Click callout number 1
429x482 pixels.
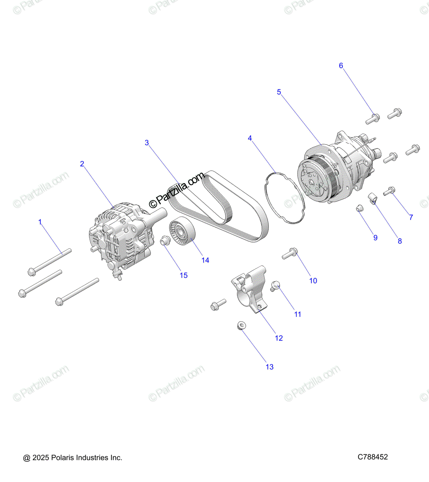(x=40, y=222)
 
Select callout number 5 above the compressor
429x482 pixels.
(x=279, y=92)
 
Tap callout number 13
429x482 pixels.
(x=270, y=367)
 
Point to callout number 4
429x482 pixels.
(x=250, y=138)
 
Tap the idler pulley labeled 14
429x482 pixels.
(x=183, y=232)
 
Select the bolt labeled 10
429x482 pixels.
(x=289, y=254)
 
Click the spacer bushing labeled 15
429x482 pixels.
(x=164, y=241)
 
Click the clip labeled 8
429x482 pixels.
(x=373, y=198)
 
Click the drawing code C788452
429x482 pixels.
(x=373, y=457)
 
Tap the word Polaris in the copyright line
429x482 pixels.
(x=63, y=457)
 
